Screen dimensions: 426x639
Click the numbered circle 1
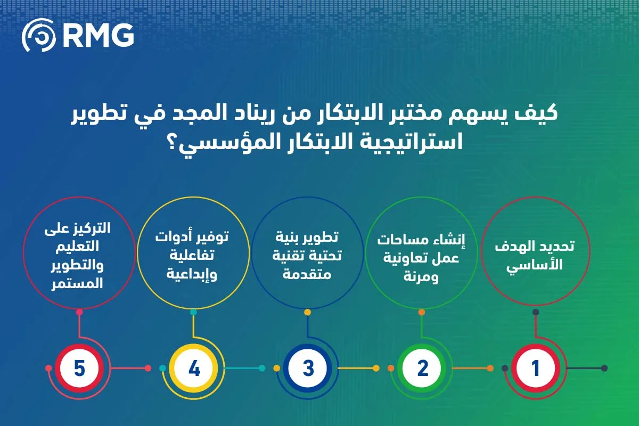tap(535, 368)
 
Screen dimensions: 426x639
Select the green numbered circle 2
tap(422, 368)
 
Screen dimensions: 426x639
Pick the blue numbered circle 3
tap(308, 368)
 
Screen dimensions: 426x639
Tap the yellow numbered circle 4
tap(194, 368)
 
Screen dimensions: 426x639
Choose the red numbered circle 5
tap(79, 368)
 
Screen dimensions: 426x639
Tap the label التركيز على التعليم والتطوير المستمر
tap(79, 256)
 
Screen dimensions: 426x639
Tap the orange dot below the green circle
tap(422, 312)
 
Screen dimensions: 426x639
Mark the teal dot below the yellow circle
tap(193, 312)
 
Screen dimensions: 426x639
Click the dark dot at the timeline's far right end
tap(604, 368)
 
